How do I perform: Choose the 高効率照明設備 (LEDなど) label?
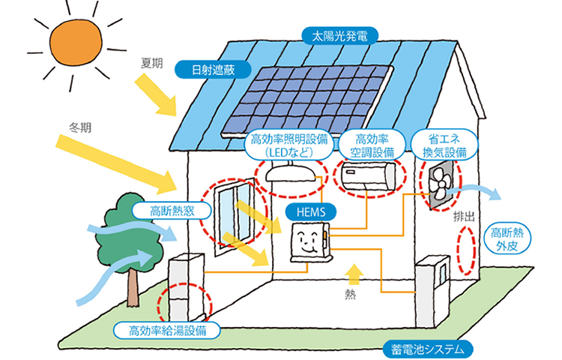click(288, 145)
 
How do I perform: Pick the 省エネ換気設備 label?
click(447, 145)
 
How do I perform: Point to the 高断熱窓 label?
click(173, 210)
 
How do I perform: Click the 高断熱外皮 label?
click(510, 238)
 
